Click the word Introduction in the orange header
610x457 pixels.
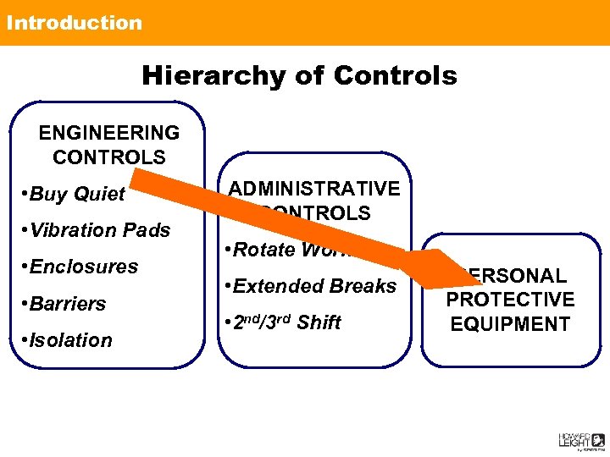[75, 23]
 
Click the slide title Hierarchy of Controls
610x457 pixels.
[299, 75]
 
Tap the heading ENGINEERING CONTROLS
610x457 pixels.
[109, 145]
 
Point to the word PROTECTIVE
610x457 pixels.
[510, 300]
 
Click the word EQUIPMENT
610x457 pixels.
[510, 324]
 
